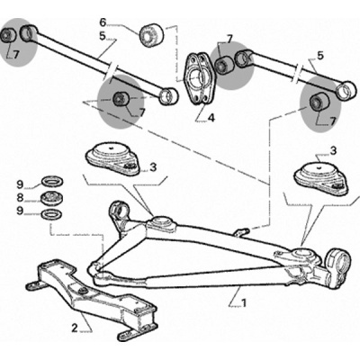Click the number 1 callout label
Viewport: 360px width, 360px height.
click(244, 303)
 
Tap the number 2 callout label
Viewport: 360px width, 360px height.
click(75, 328)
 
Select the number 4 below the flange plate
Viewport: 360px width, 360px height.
click(211, 118)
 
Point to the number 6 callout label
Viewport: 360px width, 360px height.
click(103, 22)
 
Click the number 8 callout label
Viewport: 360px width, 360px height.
click(20, 198)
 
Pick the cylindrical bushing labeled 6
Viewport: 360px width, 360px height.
click(152, 34)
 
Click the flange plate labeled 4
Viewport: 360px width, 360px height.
click(198, 77)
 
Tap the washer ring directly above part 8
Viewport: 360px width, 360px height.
click(50, 182)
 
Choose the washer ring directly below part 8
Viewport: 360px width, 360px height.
click(50, 214)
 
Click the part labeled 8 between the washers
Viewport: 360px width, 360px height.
click(50, 198)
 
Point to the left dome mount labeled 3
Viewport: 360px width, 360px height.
click(113, 159)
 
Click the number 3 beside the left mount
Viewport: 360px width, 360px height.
click(153, 167)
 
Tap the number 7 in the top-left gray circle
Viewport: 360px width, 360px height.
click(16, 54)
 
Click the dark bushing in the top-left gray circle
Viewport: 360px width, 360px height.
click(8, 35)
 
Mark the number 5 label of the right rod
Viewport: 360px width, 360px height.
click(320, 56)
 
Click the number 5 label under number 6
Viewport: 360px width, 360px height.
click(103, 36)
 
